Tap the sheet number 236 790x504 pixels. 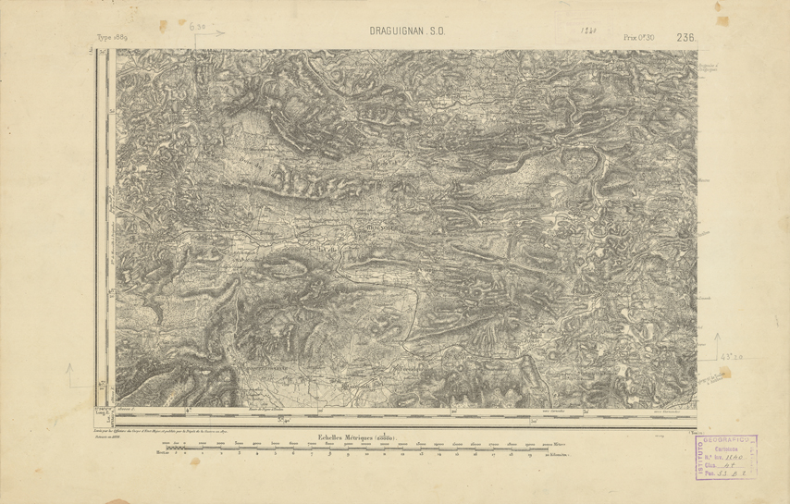click(x=685, y=38)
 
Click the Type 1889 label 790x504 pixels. click(x=114, y=40)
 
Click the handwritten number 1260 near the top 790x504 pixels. click(x=587, y=31)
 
